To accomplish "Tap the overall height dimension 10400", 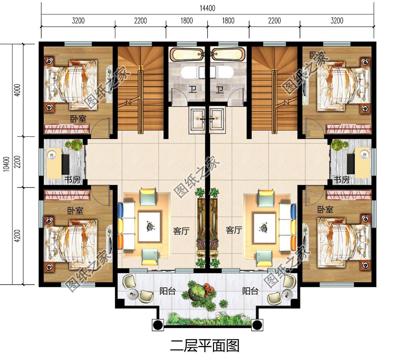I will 6,164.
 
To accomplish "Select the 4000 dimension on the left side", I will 18,90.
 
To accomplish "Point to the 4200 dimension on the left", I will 18,236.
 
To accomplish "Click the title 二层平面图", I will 205,345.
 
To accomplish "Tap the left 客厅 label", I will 181,231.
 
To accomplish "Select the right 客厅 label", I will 234,230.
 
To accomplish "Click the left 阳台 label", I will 167,291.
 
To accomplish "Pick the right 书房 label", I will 342,180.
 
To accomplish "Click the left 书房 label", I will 72,180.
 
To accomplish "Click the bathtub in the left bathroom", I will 187,54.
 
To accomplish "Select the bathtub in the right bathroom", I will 228,54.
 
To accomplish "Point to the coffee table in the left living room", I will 149,226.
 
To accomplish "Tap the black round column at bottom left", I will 158,325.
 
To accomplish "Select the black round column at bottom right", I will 257,325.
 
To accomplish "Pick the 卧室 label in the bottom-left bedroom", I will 75,211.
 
